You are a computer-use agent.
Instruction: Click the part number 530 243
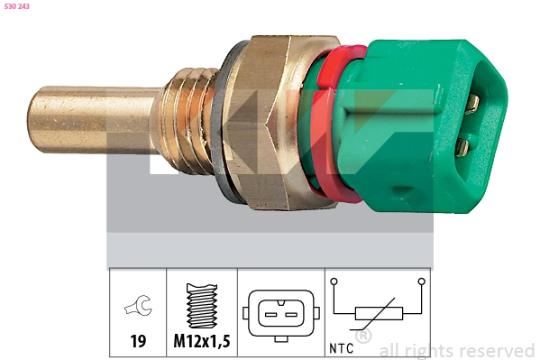18,6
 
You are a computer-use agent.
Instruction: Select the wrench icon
138,309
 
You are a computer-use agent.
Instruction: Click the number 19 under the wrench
138,343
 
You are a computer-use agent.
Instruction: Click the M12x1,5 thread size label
202,343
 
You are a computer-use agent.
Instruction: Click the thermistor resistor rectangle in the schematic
378,314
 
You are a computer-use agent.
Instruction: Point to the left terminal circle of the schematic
334,283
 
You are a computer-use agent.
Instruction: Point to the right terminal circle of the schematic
421,283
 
